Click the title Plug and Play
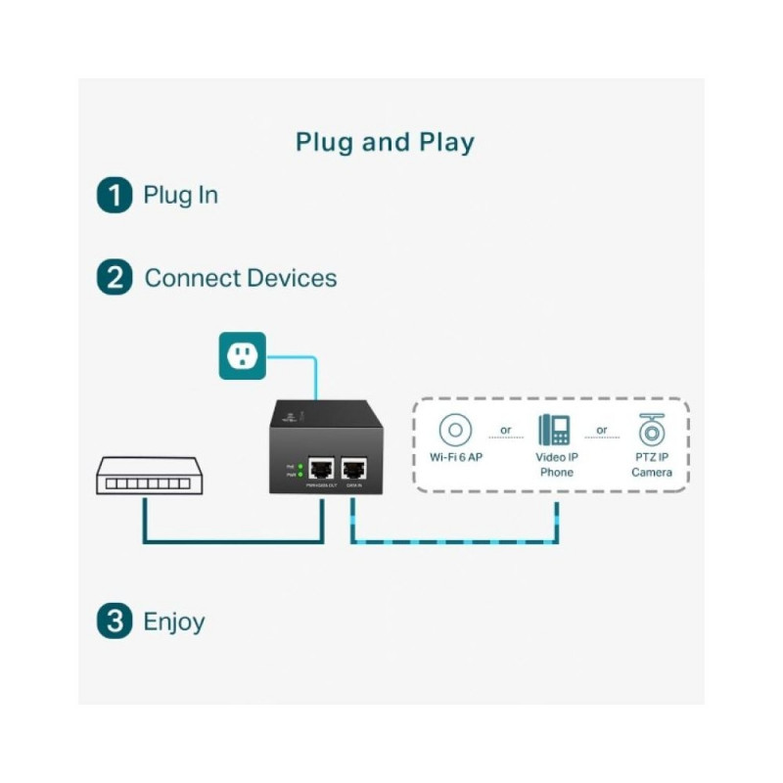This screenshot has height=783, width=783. click(x=385, y=143)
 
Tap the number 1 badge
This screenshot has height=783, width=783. click(x=115, y=195)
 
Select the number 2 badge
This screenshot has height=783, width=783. click(x=115, y=278)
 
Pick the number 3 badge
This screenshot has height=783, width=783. click(x=115, y=622)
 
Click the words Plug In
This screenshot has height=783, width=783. click(x=181, y=195)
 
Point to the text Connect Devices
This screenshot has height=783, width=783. click(x=241, y=278)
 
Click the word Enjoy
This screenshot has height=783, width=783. click(x=174, y=622)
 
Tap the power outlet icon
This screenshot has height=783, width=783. click(x=241, y=354)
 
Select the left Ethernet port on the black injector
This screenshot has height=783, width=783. click(x=320, y=468)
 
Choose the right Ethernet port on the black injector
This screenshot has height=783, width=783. click(x=352, y=468)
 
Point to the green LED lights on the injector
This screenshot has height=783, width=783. click(x=299, y=470)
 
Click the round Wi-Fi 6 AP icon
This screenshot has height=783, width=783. click(x=455, y=431)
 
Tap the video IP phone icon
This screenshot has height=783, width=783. click(x=554, y=431)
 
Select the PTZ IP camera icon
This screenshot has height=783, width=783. click(x=651, y=431)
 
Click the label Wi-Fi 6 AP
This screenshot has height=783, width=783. click(x=455, y=458)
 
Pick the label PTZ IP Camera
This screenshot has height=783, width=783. click(x=651, y=465)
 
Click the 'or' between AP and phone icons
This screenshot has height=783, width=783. click(x=505, y=431)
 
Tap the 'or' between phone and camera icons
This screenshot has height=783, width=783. click(x=602, y=431)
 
